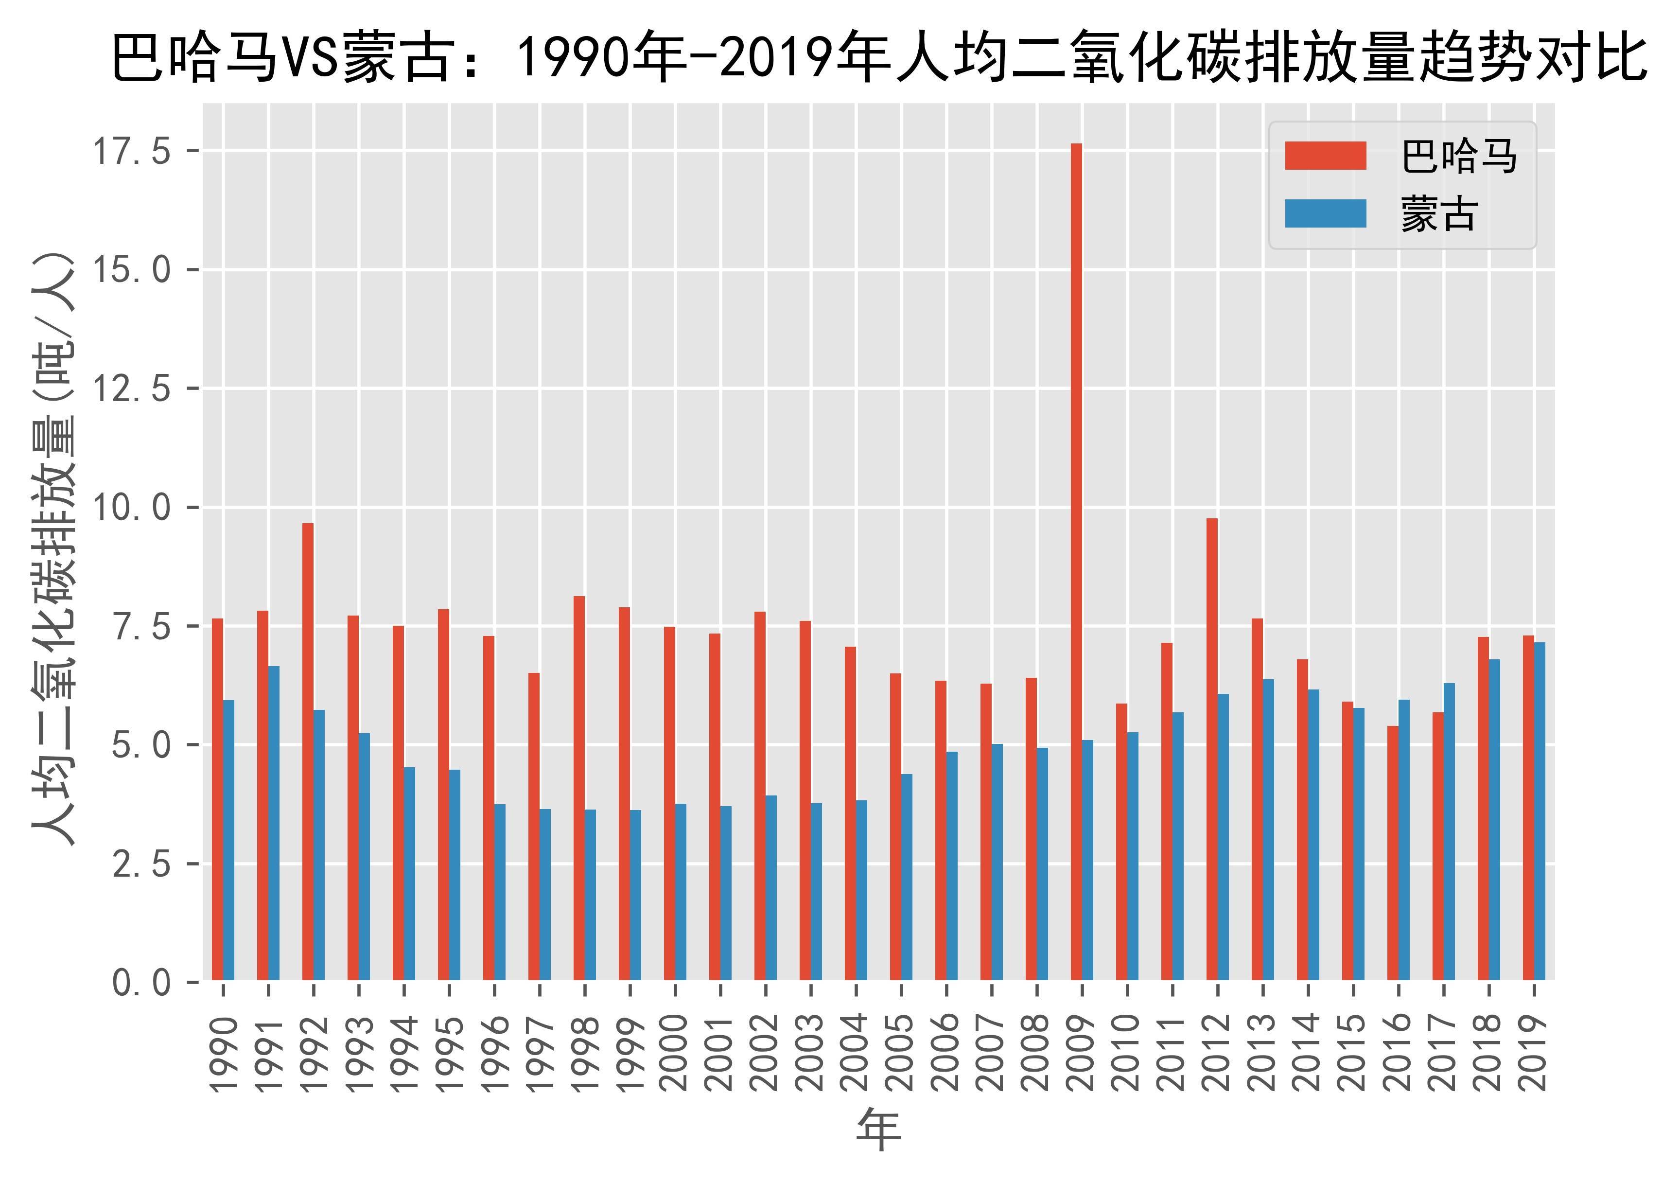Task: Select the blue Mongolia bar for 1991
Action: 274,823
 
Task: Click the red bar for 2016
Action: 1392,853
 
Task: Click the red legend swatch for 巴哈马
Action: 1325,156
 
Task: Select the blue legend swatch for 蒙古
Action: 1325,214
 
